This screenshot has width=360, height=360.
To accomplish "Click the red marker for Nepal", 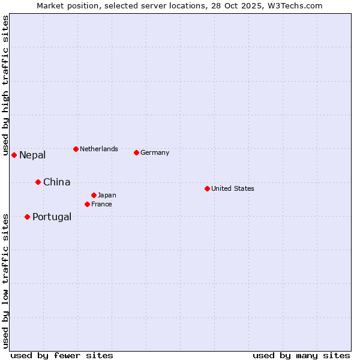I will pos(14,155).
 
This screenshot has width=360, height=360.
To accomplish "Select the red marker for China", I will pos(38,182).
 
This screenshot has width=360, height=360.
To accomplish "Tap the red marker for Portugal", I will pos(27,217).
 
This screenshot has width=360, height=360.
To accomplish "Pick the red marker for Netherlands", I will pos(76,149).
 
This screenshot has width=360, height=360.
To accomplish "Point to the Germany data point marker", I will pos(136,152).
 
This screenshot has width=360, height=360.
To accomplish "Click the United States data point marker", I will pos(207,188).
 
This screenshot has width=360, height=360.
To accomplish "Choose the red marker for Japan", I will pos(94,195).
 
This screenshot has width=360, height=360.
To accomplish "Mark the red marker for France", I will pos(87,204).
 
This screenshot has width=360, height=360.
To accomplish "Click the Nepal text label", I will pos(32,155).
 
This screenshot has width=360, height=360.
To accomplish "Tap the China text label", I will pos(56,182).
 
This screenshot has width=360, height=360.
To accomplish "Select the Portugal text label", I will pos(52,217).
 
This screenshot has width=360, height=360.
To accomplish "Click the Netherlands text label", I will pos(99,149).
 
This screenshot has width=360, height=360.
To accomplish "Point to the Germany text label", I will pos(155,152).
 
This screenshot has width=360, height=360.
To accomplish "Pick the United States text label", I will pos(233,188).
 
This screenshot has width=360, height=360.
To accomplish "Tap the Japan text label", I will pos(107,195).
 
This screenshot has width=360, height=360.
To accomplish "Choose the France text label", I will pos(101,204).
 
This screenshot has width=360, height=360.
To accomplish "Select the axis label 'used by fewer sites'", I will pos(62,355).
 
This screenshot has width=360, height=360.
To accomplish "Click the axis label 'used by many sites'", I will pos(301,355).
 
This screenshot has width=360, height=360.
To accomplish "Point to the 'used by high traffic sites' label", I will pos(5,85).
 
